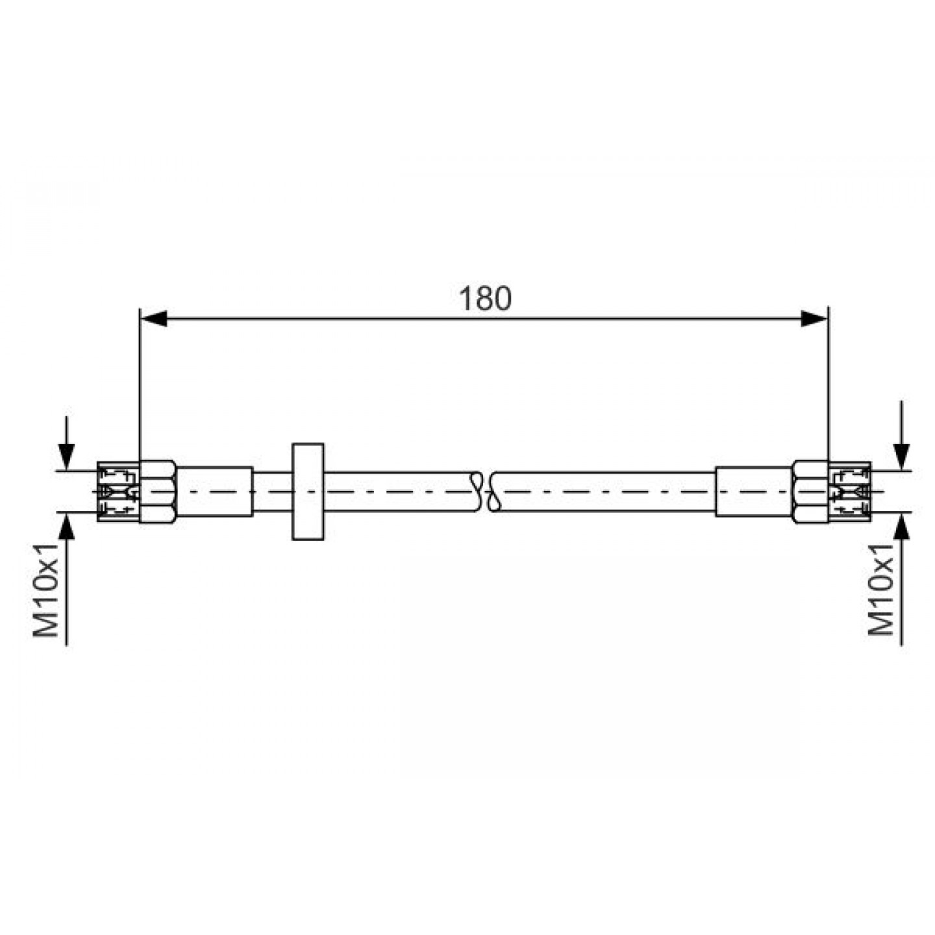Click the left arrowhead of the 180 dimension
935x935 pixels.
(153, 319)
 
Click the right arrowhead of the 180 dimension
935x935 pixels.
(814, 319)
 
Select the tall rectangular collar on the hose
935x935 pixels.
(308, 491)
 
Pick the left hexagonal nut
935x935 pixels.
(157, 492)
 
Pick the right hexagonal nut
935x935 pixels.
(810, 492)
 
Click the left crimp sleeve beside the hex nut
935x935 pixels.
(215, 492)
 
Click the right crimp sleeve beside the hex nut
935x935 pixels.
(754, 492)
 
